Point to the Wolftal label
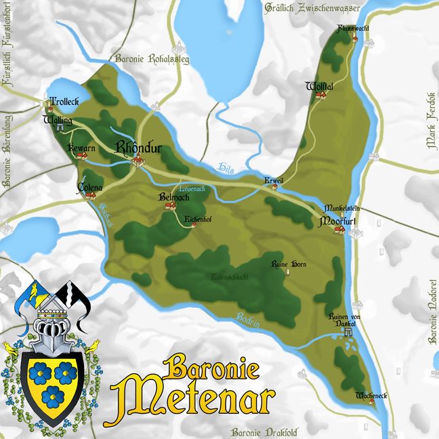[x=318, y=87]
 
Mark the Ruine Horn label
[x=285, y=263]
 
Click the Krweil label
[x=274, y=180]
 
